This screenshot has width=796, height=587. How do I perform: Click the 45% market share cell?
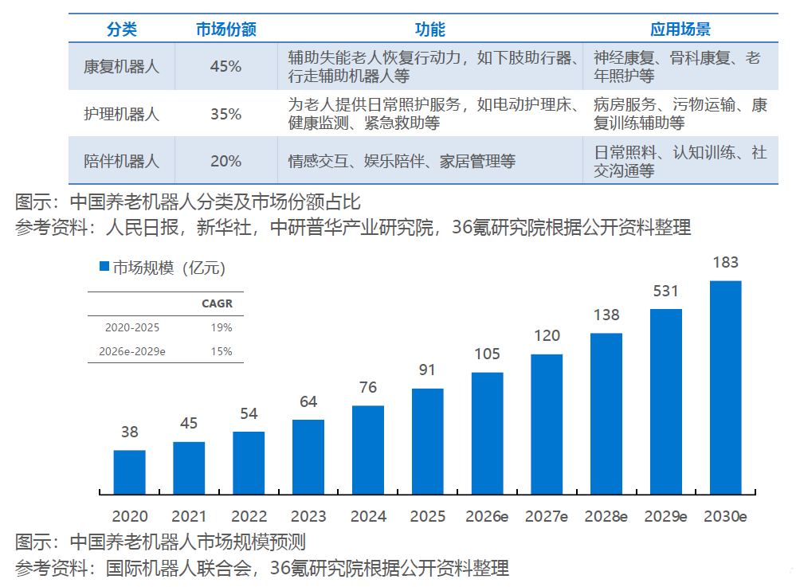click(226, 66)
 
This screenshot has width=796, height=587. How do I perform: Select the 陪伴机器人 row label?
click(121, 162)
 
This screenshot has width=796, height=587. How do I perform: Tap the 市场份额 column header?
click(226, 29)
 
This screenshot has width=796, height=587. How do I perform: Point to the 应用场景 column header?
click(680, 29)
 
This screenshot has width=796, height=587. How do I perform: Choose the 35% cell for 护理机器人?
click(226, 114)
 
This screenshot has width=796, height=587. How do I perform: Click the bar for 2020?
click(129, 472)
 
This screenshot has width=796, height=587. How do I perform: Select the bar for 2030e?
click(725, 387)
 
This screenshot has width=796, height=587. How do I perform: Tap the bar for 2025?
click(427, 441)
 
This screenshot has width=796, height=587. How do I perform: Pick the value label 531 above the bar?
click(665, 292)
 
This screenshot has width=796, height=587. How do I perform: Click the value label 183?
click(725, 262)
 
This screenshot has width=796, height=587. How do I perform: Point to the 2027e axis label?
click(547, 516)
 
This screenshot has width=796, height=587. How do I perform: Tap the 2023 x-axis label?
click(308, 516)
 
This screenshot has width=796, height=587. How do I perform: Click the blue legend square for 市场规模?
click(104, 266)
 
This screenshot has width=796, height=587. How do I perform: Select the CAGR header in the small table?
click(217, 303)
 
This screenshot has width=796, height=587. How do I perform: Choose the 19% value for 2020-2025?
click(222, 327)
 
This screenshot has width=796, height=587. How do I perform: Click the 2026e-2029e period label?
click(132, 351)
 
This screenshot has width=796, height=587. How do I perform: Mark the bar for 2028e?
click(606, 413)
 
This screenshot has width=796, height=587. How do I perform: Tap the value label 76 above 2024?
click(368, 388)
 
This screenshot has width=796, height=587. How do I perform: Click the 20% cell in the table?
click(226, 162)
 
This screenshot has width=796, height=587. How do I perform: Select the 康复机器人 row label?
click(121, 66)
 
